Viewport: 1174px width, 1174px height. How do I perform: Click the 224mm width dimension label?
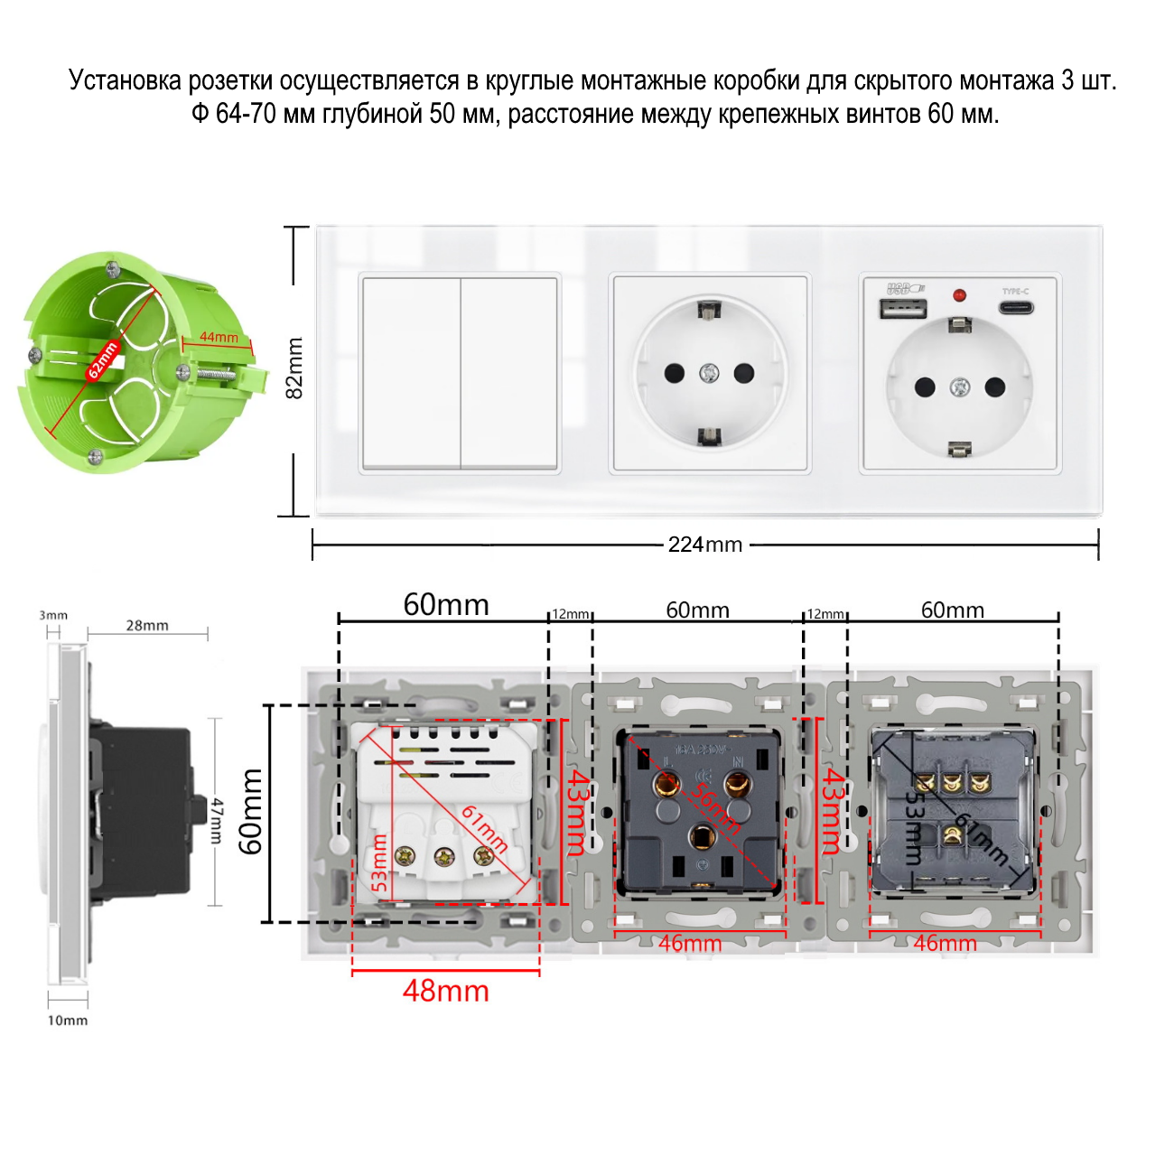pos(704,545)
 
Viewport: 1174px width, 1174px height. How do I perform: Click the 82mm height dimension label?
pos(294,368)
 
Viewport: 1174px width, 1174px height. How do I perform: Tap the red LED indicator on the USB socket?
pos(959,294)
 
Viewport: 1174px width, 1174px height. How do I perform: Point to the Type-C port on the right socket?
pos(1015,308)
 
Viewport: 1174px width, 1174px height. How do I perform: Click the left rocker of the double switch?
pos(412,372)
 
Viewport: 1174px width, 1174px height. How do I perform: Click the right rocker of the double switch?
pos(508,372)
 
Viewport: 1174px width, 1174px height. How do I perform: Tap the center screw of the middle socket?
pos(710,372)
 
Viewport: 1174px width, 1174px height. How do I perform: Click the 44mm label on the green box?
pos(219,338)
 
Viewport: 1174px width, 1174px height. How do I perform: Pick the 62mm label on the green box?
pos(102,360)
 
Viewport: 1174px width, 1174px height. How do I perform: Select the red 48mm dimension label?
pos(445,991)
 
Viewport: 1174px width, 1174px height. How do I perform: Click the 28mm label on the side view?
pos(147,625)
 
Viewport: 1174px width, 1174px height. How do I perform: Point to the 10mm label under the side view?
pos(68,1020)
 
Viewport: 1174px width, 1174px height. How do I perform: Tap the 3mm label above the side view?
pos(53,615)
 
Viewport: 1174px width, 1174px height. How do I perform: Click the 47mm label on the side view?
pos(217,820)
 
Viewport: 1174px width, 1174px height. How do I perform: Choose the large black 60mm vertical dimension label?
pos(250,811)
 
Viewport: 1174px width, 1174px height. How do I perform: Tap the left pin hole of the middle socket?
pos(674,372)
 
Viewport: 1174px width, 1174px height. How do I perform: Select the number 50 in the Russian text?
pos(443,115)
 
